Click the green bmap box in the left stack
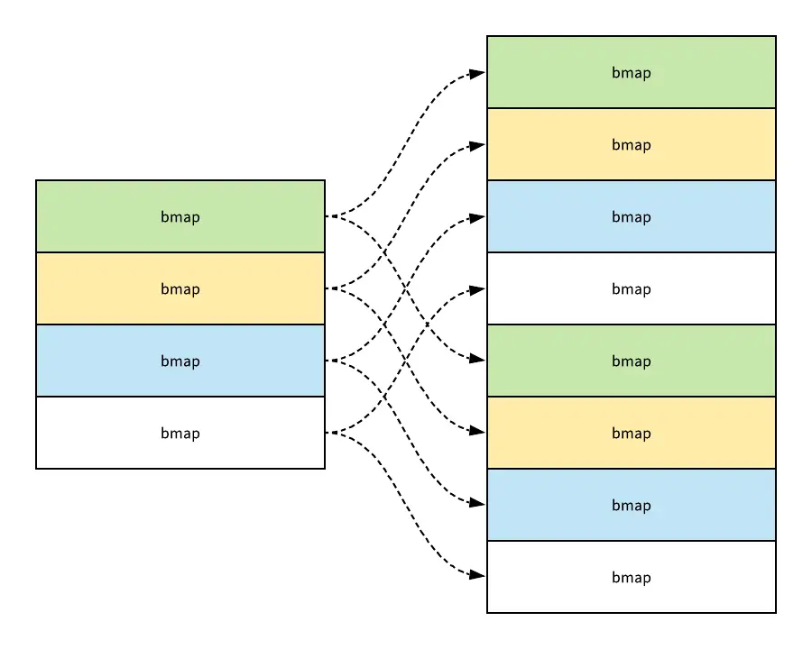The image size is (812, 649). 180,216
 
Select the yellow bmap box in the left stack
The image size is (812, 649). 180,288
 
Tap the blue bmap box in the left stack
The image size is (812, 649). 180,361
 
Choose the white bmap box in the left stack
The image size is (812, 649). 180,433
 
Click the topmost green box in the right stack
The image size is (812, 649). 632,72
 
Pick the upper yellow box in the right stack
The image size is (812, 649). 632,144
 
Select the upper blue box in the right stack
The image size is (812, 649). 632,216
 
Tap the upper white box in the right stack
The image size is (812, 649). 632,288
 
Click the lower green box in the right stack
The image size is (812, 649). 632,361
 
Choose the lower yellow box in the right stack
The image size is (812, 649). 632,433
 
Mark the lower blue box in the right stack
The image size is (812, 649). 632,505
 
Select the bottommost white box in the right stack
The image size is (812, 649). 632,577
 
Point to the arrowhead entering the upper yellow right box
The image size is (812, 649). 480,145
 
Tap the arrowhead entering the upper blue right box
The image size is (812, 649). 480,217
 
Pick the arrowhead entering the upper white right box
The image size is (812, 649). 480,289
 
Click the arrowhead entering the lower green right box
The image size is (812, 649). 480,360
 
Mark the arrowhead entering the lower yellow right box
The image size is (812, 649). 480,432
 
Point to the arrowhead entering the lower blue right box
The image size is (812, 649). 480,504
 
